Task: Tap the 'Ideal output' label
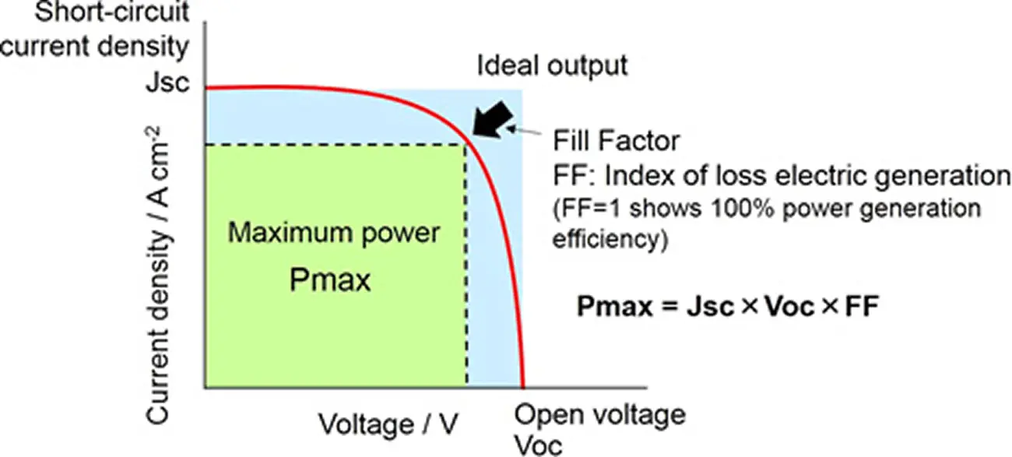coord(552,65)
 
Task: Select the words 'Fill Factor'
coord(617,142)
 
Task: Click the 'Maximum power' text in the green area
coord(335,232)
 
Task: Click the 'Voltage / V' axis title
coord(388,424)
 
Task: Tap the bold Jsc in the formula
coord(708,307)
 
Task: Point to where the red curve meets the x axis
coord(523,386)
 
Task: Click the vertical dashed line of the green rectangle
coord(466,265)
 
